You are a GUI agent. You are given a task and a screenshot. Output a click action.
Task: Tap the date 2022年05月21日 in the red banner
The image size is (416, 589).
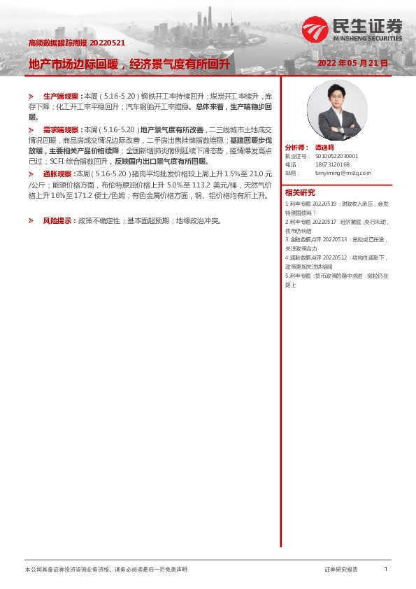point(352,63)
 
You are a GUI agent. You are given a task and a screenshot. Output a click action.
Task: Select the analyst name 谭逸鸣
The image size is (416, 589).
point(325,148)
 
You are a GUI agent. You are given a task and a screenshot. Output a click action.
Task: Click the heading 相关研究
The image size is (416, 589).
point(300,192)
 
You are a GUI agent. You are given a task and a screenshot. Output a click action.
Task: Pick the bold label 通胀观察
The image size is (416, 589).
point(57,174)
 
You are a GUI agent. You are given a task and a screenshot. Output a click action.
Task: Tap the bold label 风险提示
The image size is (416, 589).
point(57,220)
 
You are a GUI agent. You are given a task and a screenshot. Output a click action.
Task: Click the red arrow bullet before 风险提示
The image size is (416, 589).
point(31,220)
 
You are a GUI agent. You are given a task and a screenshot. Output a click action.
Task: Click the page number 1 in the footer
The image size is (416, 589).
point(386,569)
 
